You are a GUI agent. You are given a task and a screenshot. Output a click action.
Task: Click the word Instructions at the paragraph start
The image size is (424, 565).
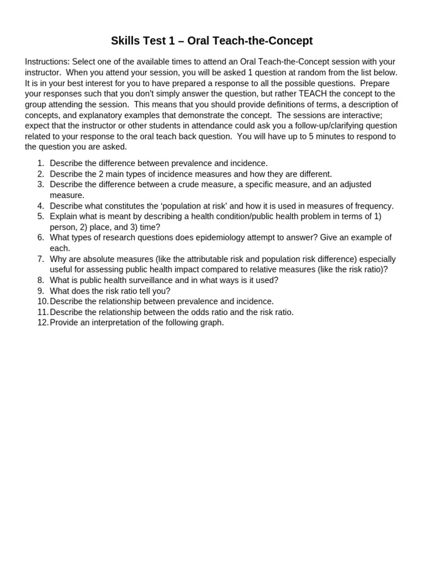pyautogui.click(x=47, y=62)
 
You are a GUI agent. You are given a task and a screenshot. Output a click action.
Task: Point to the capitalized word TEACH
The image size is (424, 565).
pyautogui.click(x=314, y=94)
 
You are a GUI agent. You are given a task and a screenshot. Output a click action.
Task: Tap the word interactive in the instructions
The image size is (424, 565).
pyautogui.click(x=377, y=115)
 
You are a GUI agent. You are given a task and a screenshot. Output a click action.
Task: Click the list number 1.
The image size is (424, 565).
pyautogui.click(x=40, y=163)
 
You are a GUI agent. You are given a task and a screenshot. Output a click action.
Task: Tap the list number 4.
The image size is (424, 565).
pyautogui.click(x=40, y=206)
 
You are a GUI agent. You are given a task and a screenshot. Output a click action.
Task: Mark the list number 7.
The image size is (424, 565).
pyautogui.click(x=40, y=259)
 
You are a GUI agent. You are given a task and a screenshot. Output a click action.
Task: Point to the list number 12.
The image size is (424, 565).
pyautogui.click(x=43, y=322)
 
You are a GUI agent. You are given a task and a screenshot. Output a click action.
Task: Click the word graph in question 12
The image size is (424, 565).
pyautogui.click(x=211, y=322)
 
